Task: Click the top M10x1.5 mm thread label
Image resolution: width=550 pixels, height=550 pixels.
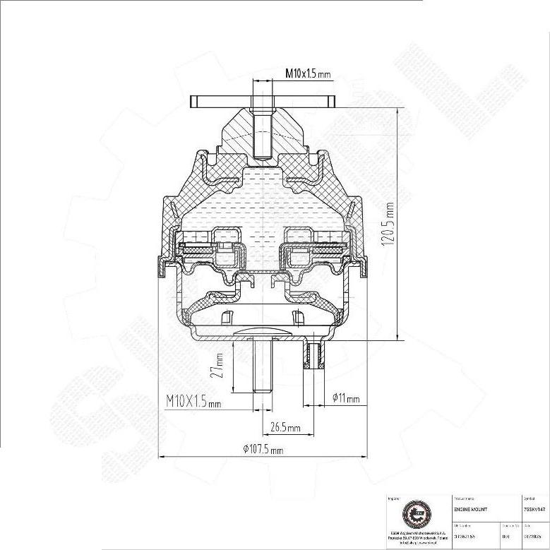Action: tap(308, 73)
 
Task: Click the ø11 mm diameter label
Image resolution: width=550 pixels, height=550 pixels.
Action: tap(346, 400)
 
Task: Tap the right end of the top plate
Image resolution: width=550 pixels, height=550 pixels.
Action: tap(330, 102)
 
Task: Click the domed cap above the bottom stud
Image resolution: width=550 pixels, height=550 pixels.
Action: tap(262, 331)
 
